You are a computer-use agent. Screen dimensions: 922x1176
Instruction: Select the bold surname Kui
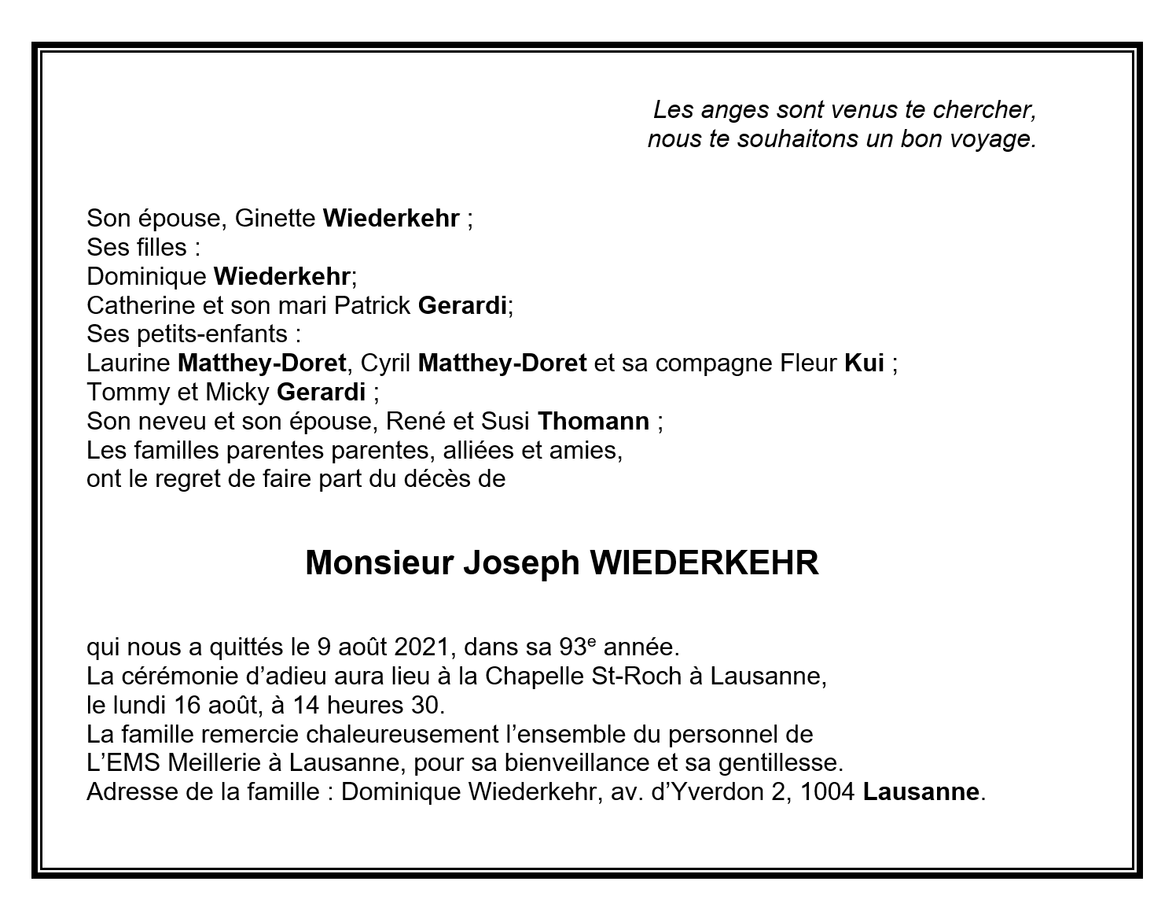864,363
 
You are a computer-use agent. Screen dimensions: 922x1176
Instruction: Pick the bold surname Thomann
593,421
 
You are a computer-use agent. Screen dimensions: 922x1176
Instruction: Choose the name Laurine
128,363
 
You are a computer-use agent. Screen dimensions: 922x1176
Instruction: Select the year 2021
421,647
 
